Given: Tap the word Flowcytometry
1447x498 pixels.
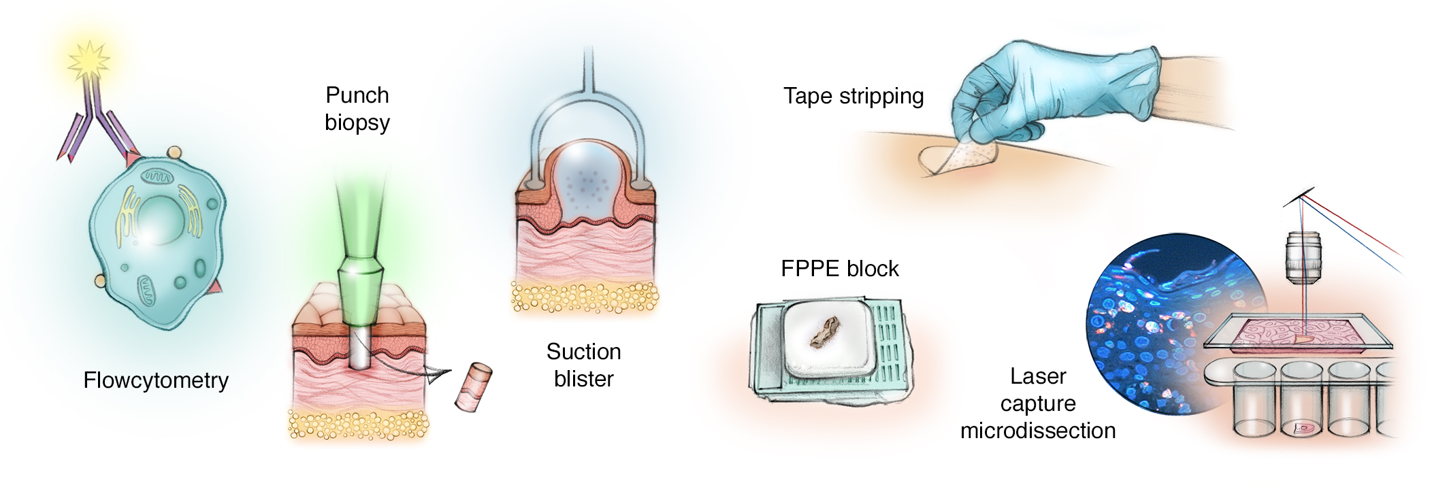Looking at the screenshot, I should (156, 380).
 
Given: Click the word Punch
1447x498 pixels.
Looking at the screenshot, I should (357, 95).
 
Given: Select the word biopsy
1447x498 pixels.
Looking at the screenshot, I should (357, 122).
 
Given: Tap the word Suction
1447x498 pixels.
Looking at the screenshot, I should (583, 352).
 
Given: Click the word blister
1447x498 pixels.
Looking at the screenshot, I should (583, 379).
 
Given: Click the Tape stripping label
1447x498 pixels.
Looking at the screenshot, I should (853, 96).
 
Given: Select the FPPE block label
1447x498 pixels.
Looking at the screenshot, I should (839, 269).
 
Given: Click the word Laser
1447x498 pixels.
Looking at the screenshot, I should (1037, 376).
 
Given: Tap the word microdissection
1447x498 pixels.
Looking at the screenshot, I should (1037, 431).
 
